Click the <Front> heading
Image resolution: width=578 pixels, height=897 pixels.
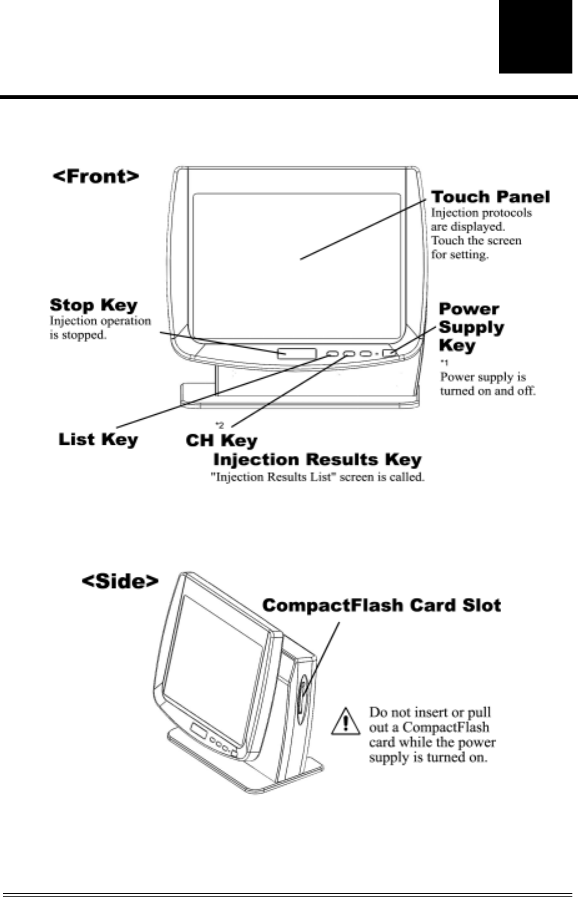point(95,176)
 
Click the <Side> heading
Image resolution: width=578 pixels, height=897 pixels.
point(120,581)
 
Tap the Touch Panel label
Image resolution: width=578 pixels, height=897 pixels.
point(491,197)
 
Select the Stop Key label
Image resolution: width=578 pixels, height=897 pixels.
point(94,305)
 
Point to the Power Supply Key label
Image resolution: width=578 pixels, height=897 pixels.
point(471,327)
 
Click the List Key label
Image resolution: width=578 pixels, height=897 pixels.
point(98,439)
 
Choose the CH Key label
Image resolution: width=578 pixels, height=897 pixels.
point(221,440)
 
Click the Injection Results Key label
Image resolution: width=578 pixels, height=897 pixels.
point(317,460)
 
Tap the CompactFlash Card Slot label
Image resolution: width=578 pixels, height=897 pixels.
point(382,605)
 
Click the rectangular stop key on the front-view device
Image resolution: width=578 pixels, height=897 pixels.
point(297,353)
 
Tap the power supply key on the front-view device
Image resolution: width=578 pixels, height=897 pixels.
point(391,354)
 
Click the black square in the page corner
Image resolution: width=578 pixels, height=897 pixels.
point(535,37)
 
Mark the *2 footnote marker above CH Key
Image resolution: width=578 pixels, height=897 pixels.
point(219,425)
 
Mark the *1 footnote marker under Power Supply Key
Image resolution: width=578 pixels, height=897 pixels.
point(444,363)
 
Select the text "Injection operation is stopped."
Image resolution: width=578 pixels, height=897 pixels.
point(100,328)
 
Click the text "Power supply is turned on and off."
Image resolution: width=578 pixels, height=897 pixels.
point(488,384)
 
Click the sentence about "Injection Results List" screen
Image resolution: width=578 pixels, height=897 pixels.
point(317,478)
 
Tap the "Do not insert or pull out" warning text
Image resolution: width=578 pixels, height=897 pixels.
point(431,735)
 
